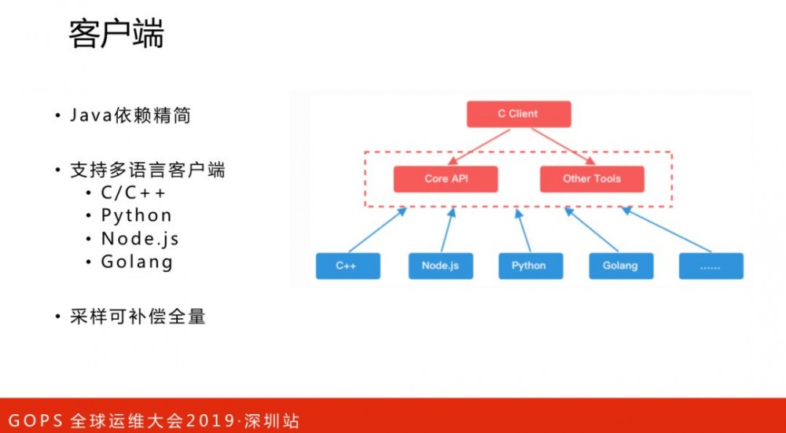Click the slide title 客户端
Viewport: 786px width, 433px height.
point(116,35)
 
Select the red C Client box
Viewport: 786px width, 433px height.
point(518,114)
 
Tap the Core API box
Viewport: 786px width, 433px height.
point(446,179)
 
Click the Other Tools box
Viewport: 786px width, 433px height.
point(591,179)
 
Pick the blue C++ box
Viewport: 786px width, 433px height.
point(347,266)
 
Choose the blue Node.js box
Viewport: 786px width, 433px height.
point(440,266)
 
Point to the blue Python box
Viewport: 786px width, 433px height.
point(529,266)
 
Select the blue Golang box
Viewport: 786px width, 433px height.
point(620,266)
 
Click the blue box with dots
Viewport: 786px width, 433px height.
point(710,266)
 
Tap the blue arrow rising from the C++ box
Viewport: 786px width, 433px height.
point(375,229)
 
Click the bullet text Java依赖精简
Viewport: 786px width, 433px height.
point(130,116)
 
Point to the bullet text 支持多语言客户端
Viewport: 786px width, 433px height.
point(147,171)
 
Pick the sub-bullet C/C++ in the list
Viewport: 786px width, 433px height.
point(134,193)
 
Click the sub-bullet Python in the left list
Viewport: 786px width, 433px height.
point(136,215)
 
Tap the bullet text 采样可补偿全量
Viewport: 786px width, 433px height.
point(138,317)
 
